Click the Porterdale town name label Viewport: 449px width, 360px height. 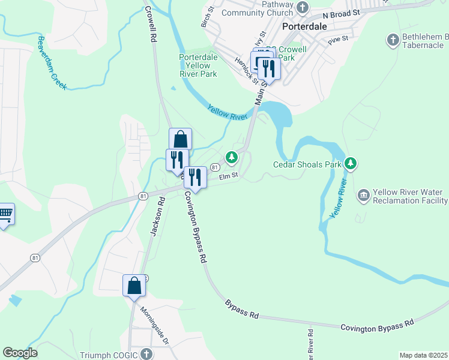304,28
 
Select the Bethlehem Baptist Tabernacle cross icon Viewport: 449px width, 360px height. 393,40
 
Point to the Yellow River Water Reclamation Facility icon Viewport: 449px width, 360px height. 363,195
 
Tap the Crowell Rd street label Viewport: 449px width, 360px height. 151,23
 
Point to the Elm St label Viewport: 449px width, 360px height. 229,176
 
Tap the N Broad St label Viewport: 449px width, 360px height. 340,13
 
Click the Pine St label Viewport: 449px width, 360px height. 338,41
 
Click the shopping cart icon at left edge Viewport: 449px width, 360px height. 5,214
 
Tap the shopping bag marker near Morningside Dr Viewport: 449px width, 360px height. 134,285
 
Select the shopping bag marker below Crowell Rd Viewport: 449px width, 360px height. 180,139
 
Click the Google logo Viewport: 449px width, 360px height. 20,353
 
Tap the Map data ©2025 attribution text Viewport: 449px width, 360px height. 423,355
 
